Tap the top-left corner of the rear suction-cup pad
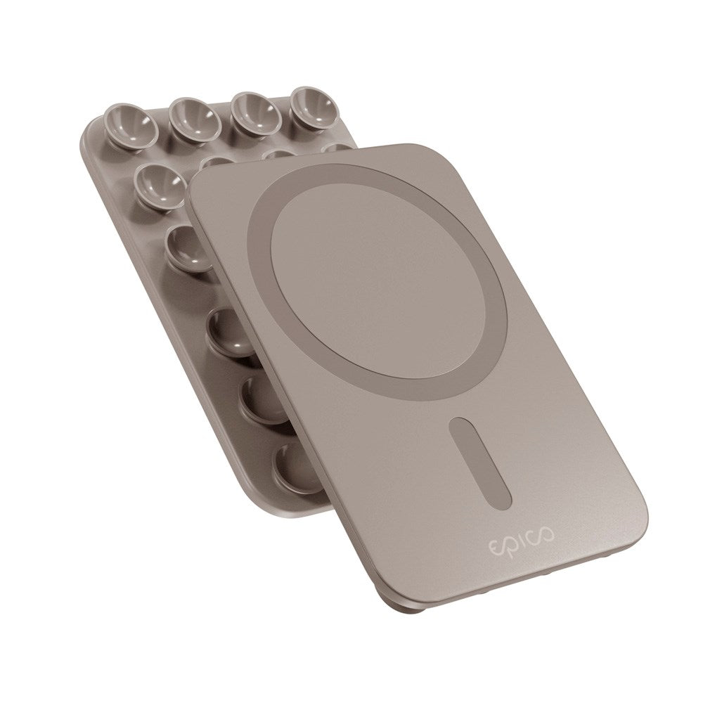pos(92,123)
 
